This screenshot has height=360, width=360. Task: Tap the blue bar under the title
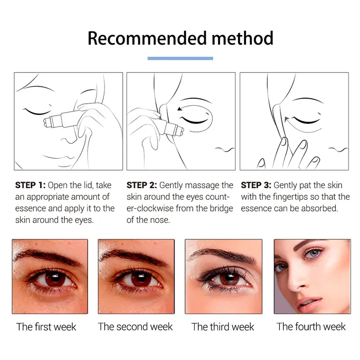pyautogui.click(x=180, y=58)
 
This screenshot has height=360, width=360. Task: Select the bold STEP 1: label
pyautogui.click(x=30, y=185)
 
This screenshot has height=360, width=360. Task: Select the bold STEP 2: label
pyautogui.click(x=142, y=185)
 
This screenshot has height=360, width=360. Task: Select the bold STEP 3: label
pyautogui.click(x=256, y=185)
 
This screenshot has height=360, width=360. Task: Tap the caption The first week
pyautogui.click(x=46, y=327)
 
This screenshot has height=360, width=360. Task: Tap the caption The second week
pyautogui.click(x=135, y=327)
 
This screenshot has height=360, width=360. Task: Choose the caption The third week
pyautogui.click(x=223, y=327)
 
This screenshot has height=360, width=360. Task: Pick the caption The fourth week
pyautogui.click(x=311, y=327)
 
